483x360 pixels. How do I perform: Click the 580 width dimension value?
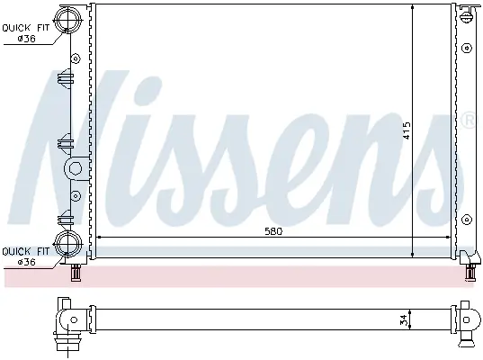pyautogui.click(x=273, y=231)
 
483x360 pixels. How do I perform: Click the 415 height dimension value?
pyautogui.click(x=407, y=131)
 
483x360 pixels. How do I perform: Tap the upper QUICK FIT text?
pyautogui.click(x=25, y=28)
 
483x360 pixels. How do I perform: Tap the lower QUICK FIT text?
pyautogui.click(x=25, y=251)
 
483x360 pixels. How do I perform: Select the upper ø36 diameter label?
pyautogui.click(x=26, y=39)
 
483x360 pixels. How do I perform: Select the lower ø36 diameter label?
pyautogui.click(x=26, y=262)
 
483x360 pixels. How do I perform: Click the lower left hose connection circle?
pyautogui.click(x=67, y=244)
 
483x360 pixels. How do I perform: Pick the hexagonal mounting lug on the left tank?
pyautogui.click(x=74, y=168)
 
